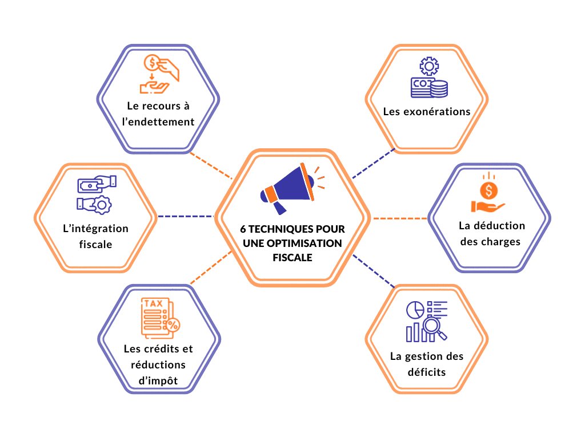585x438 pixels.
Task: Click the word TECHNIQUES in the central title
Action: click(282, 229)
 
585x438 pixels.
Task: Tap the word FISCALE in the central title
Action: click(292, 257)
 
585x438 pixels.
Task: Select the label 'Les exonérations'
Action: click(427, 111)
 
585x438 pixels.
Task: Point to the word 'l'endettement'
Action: click(158, 121)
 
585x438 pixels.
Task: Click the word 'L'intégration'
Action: click(95, 229)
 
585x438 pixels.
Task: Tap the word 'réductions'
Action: click(158, 364)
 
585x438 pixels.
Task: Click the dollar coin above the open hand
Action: click(490, 188)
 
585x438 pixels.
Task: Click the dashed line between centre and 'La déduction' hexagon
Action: click(399, 218)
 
